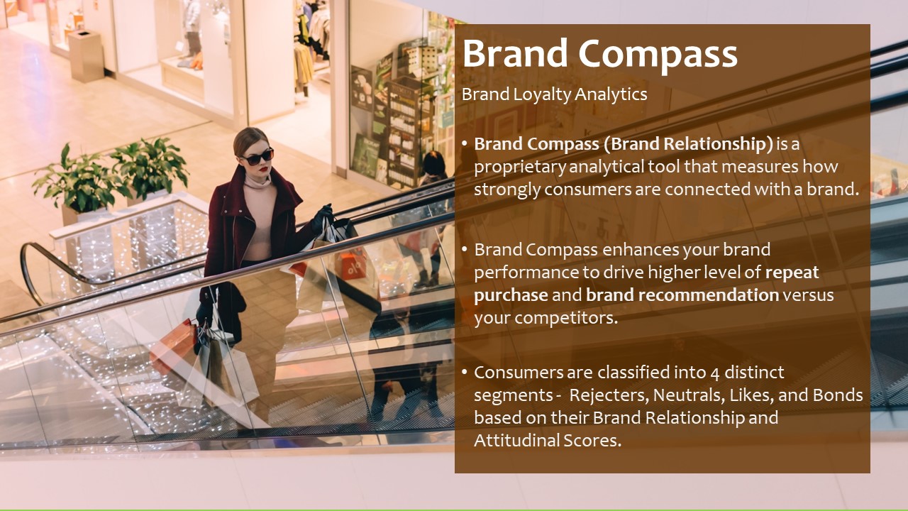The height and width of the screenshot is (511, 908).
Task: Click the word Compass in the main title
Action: (x=658, y=54)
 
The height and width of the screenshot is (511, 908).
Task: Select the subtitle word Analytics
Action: (x=611, y=94)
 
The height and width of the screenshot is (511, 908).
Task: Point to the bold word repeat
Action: (x=792, y=272)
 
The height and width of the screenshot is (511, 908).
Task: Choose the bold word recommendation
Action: (x=682, y=295)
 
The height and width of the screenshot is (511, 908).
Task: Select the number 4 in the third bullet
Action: (x=714, y=373)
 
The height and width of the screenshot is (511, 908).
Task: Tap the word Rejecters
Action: (x=609, y=395)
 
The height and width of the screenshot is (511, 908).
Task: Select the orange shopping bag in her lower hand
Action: (x=174, y=345)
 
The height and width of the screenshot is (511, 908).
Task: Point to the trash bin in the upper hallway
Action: (x=86, y=56)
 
